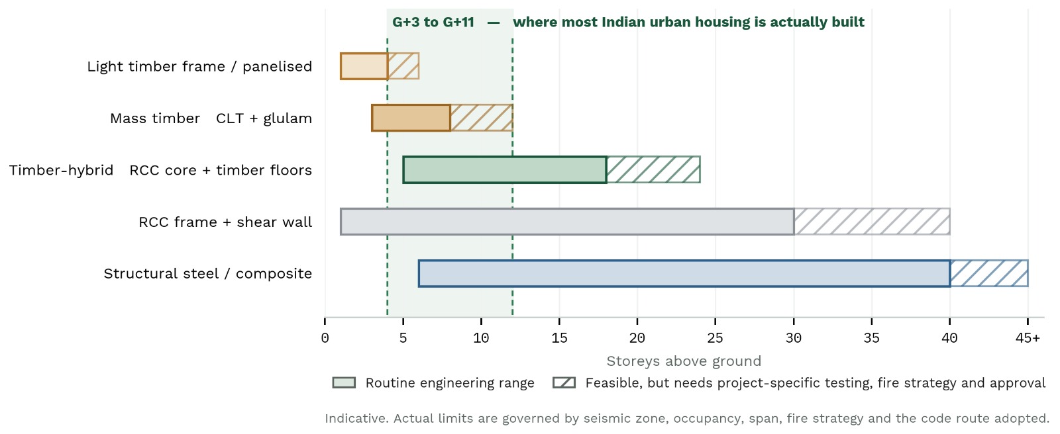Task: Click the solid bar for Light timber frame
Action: click(x=364, y=66)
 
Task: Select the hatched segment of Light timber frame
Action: click(x=403, y=66)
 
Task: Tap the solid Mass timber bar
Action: click(x=411, y=118)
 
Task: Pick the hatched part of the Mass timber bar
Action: click(x=482, y=118)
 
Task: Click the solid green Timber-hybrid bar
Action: click(x=505, y=170)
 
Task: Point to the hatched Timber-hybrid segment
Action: click(x=653, y=170)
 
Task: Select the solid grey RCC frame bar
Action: click(x=567, y=222)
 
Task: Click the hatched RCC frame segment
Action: click(x=872, y=222)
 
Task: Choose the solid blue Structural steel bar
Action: click(x=684, y=273)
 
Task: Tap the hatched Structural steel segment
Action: click(x=990, y=273)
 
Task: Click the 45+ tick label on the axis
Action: click(x=1028, y=338)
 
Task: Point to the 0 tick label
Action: click(x=325, y=338)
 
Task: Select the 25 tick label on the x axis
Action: click(x=715, y=338)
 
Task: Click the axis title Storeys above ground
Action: click(x=684, y=361)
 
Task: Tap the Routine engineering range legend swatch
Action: click(x=344, y=382)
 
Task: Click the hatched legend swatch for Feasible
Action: click(x=564, y=382)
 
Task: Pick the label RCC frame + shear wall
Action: click(x=225, y=222)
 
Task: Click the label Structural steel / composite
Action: click(x=208, y=273)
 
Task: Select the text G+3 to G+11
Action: click(x=433, y=22)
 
